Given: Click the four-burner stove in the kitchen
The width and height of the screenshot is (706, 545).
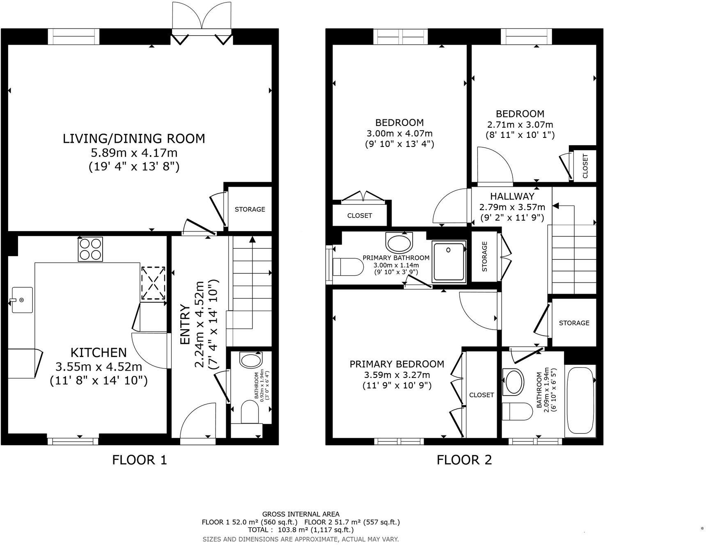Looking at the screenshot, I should (90, 249).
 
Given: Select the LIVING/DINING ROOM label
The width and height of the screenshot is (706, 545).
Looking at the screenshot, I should (134, 138).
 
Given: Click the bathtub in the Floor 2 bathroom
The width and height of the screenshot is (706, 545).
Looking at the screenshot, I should (580, 401).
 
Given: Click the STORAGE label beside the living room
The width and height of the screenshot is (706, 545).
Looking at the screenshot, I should (250, 209).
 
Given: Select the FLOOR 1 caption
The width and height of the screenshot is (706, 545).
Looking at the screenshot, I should (140, 460).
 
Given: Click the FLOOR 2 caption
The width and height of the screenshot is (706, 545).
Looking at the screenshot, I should (464, 460).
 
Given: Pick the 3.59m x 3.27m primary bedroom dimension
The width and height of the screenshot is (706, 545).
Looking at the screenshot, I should (397, 375).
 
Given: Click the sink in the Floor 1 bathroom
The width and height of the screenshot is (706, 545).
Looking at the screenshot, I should (251, 361).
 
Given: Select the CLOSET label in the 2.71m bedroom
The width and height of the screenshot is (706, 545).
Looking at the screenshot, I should (585, 165).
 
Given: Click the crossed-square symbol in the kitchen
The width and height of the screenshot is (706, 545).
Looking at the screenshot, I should (153, 283).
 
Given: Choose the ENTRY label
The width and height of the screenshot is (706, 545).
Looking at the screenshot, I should (185, 325).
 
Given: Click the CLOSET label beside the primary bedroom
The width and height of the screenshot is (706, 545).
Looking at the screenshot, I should (481, 395).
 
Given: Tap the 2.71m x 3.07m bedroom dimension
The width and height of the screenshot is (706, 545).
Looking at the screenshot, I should (520, 125).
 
